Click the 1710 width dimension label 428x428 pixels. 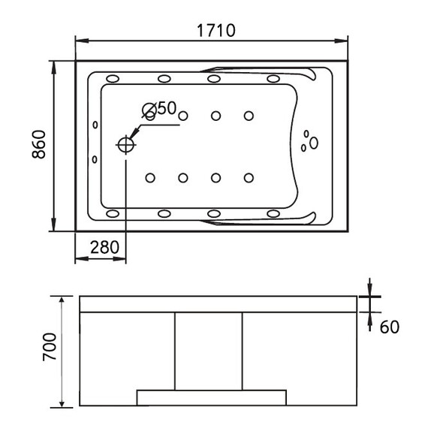click(x=216, y=30)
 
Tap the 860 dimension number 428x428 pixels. click(x=39, y=145)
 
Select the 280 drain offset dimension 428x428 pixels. click(x=104, y=247)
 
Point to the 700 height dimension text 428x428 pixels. click(x=50, y=347)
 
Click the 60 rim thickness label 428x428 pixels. click(x=390, y=327)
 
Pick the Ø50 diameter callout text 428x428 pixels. click(x=159, y=108)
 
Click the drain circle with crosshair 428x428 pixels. click(x=126, y=145)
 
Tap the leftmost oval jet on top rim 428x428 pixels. click(x=113, y=79)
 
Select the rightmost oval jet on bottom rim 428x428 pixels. click(x=273, y=213)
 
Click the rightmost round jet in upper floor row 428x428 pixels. click(x=249, y=116)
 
